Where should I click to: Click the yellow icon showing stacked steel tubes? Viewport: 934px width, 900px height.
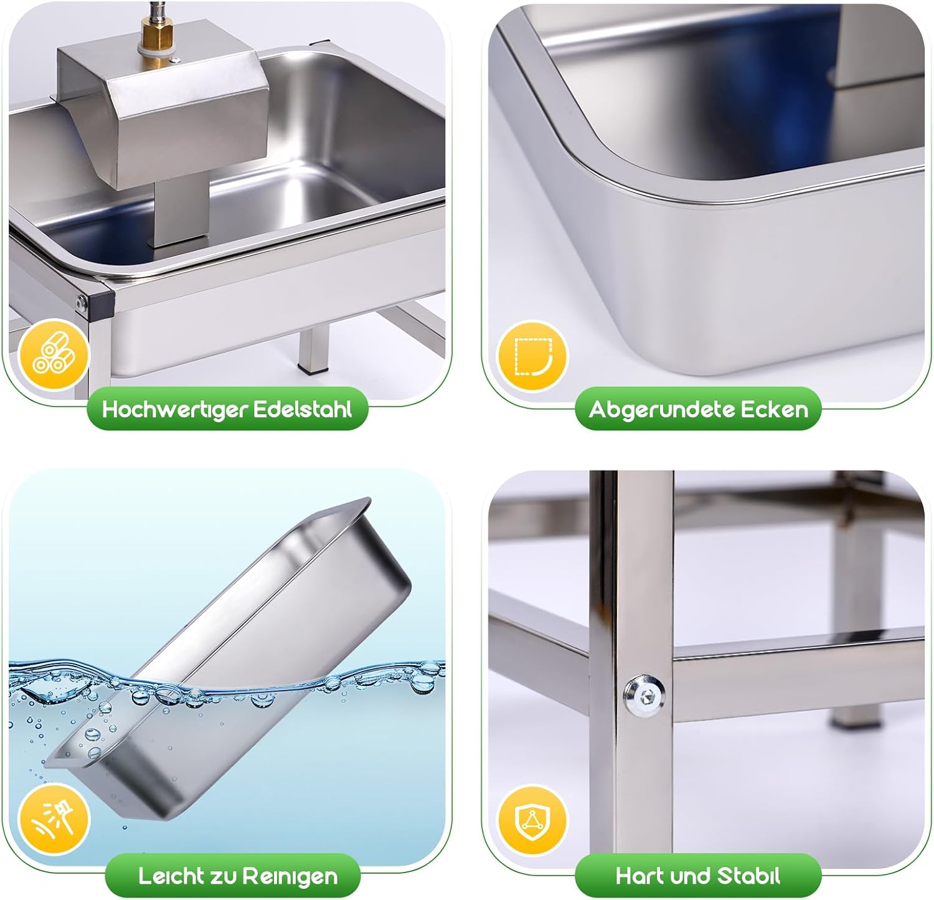click(x=55, y=356)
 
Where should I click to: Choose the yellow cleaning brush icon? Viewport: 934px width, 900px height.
click(x=55, y=820)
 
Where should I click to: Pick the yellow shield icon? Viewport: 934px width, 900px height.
click(x=533, y=820)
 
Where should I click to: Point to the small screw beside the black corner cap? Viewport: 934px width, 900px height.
click(x=80, y=303)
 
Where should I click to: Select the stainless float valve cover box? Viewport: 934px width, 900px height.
click(x=163, y=106)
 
